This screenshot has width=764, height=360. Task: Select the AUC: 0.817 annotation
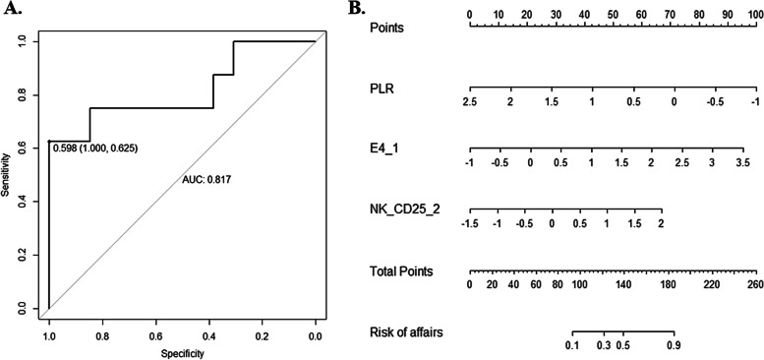pyautogui.click(x=206, y=179)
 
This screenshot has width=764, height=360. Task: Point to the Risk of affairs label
pyautogui.click(x=403, y=331)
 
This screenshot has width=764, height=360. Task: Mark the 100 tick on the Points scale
pyautogui.click(x=754, y=15)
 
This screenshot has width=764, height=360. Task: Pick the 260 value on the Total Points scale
pyautogui.click(x=754, y=284)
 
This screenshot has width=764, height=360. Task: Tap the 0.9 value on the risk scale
pyautogui.click(x=673, y=345)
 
